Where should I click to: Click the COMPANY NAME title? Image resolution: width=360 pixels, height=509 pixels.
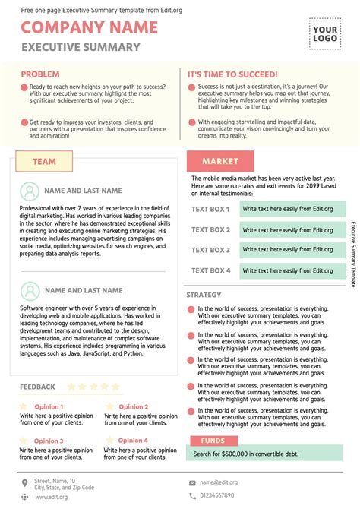pyautogui.click(x=90, y=28)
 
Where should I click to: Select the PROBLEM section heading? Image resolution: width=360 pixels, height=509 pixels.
pyautogui.click(x=40, y=74)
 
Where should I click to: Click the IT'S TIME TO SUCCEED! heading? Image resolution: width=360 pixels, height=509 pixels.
pyautogui.click(x=233, y=74)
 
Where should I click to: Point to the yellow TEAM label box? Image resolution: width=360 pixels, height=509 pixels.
pyautogui.click(x=44, y=161)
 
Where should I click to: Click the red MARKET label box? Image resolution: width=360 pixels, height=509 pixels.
pyautogui.click(x=220, y=161)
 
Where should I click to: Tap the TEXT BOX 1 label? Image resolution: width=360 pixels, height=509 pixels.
pyautogui.click(x=210, y=209)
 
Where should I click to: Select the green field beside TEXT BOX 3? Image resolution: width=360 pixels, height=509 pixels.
pyautogui.click(x=292, y=250)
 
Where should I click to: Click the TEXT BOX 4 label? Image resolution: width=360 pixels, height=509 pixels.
pyautogui.click(x=210, y=270)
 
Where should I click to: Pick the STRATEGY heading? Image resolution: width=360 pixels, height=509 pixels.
pyautogui.click(x=204, y=295)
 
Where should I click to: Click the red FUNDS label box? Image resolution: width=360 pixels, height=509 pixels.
pyautogui.click(x=213, y=441)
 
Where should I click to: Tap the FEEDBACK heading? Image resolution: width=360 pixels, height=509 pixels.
pyautogui.click(x=37, y=387)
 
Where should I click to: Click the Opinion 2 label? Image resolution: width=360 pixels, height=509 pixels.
pyautogui.click(x=134, y=407)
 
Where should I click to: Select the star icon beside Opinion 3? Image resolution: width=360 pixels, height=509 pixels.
pyautogui.click(x=24, y=440)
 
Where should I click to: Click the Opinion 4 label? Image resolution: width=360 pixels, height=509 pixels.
pyautogui.click(x=134, y=440)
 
